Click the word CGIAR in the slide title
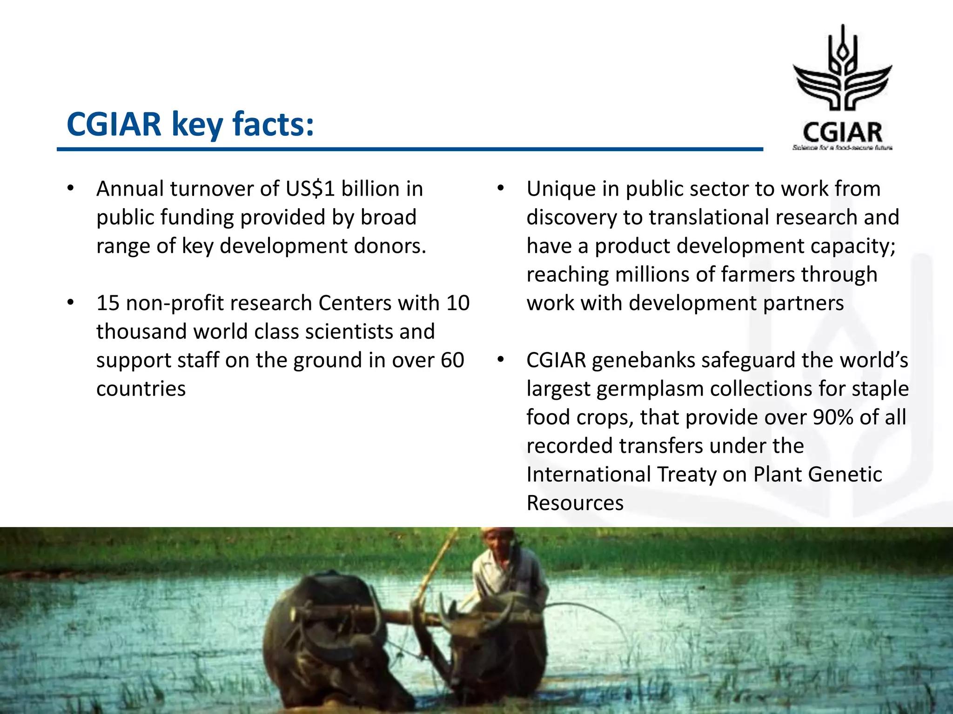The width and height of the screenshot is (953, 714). tap(114, 125)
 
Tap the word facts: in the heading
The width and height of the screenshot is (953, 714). tap(273, 125)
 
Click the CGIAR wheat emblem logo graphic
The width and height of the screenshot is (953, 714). tap(842, 70)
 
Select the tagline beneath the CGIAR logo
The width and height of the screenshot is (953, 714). tap(842, 148)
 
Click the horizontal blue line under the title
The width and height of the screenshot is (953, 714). tap(409, 149)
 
